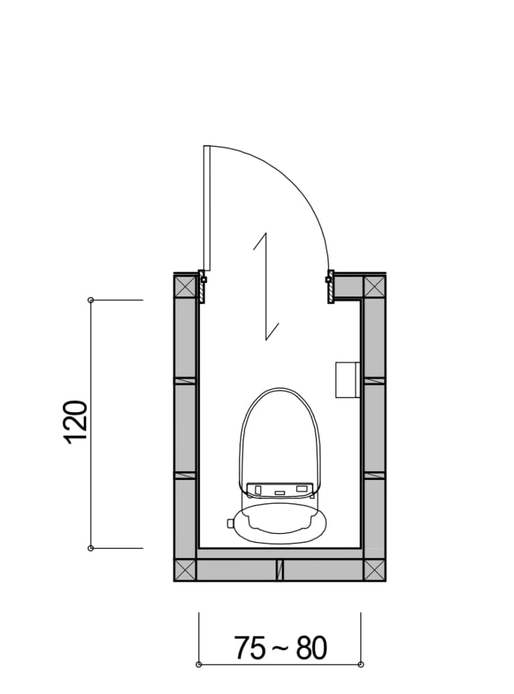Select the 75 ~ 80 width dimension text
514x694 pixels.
[x=280, y=648]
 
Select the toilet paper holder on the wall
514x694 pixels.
[x=347, y=379]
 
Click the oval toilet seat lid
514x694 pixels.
[x=280, y=435]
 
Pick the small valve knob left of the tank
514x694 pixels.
[x=231, y=523]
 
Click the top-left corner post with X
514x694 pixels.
[x=185, y=287]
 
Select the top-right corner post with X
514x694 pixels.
[x=374, y=287]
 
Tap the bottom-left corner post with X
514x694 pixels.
[x=185, y=570]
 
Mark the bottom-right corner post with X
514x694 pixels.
[x=374, y=570]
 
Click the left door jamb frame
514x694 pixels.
[x=201, y=286]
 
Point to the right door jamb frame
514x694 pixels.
[x=330, y=286]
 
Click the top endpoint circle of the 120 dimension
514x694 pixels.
[x=91, y=300]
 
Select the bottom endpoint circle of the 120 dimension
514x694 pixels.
[x=91, y=548]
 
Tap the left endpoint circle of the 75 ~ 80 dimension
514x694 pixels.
[x=199, y=665]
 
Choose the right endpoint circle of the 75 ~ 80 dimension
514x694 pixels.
[x=361, y=665]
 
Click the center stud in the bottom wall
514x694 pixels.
[x=280, y=570]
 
